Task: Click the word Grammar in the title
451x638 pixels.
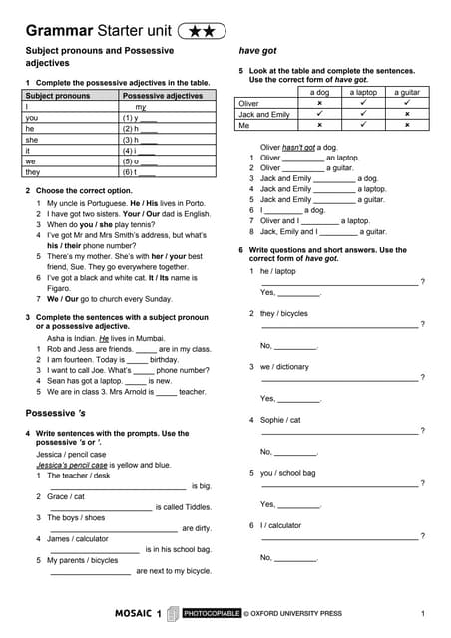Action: pyautogui.click(x=59, y=32)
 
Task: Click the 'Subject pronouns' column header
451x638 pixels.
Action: pyautogui.click(x=58, y=96)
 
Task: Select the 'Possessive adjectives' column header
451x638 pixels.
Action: pyautogui.click(x=162, y=96)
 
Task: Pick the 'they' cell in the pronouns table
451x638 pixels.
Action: pyautogui.click(x=34, y=170)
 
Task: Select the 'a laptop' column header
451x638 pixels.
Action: pyautogui.click(x=362, y=92)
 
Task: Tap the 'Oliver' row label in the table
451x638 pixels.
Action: pyautogui.click(x=249, y=103)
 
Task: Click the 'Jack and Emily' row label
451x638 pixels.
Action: pyautogui.click(x=264, y=114)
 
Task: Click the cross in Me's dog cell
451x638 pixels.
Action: pyautogui.click(x=319, y=125)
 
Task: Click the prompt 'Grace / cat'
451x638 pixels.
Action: pyautogui.click(x=66, y=496)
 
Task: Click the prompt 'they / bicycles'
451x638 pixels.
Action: pyautogui.click(x=284, y=313)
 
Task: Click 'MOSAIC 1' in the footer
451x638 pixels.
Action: pyautogui.click(x=138, y=614)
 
